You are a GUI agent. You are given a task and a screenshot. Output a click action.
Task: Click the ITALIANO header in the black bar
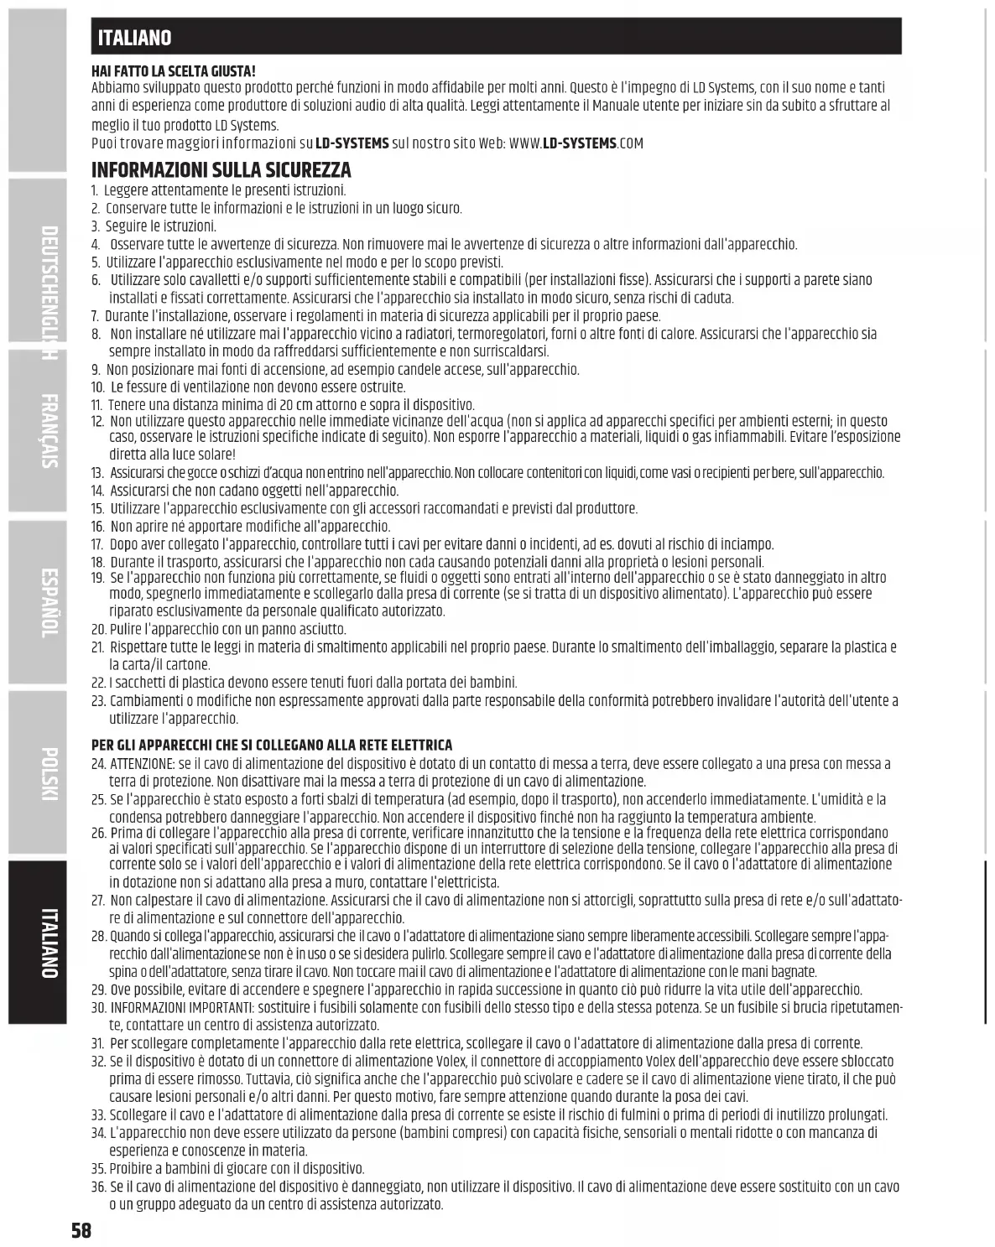pyautogui.click(x=134, y=38)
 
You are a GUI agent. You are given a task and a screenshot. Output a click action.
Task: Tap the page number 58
pyautogui.click(x=81, y=1230)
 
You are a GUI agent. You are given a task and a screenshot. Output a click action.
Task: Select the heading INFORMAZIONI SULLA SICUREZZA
pyautogui.click(x=221, y=170)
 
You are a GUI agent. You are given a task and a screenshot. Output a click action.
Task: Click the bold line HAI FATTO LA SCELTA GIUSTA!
pyautogui.click(x=174, y=72)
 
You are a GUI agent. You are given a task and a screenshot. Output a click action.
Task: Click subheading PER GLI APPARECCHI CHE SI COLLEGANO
pyautogui.click(x=272, y=745)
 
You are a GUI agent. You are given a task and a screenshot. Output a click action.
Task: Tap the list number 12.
pyautogui.click(x=97, y=421)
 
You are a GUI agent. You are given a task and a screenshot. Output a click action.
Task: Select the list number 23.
pyautogui.click(x=97, y=701)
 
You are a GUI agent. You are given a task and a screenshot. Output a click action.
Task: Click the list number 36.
pyautogui.click(x=97, y=1187)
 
